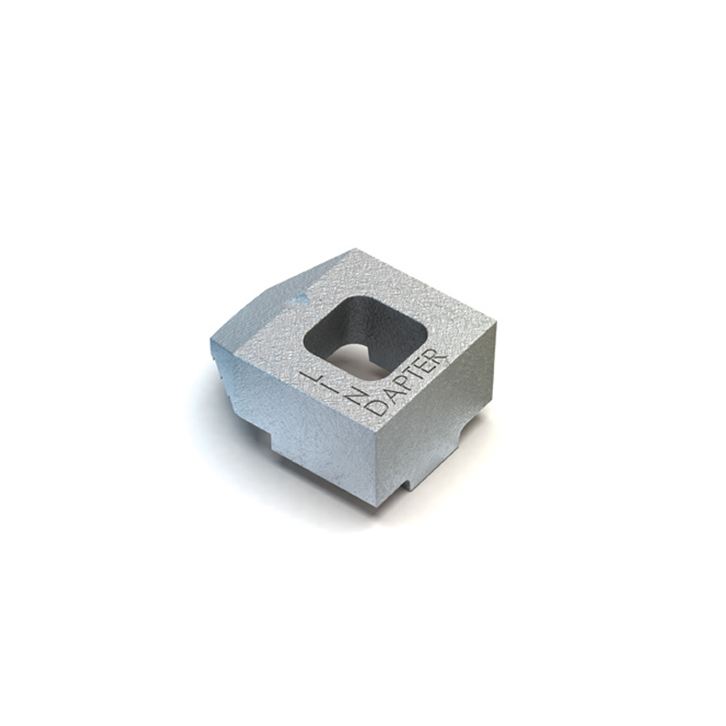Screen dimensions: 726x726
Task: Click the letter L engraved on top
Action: [x=309, y=375]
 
